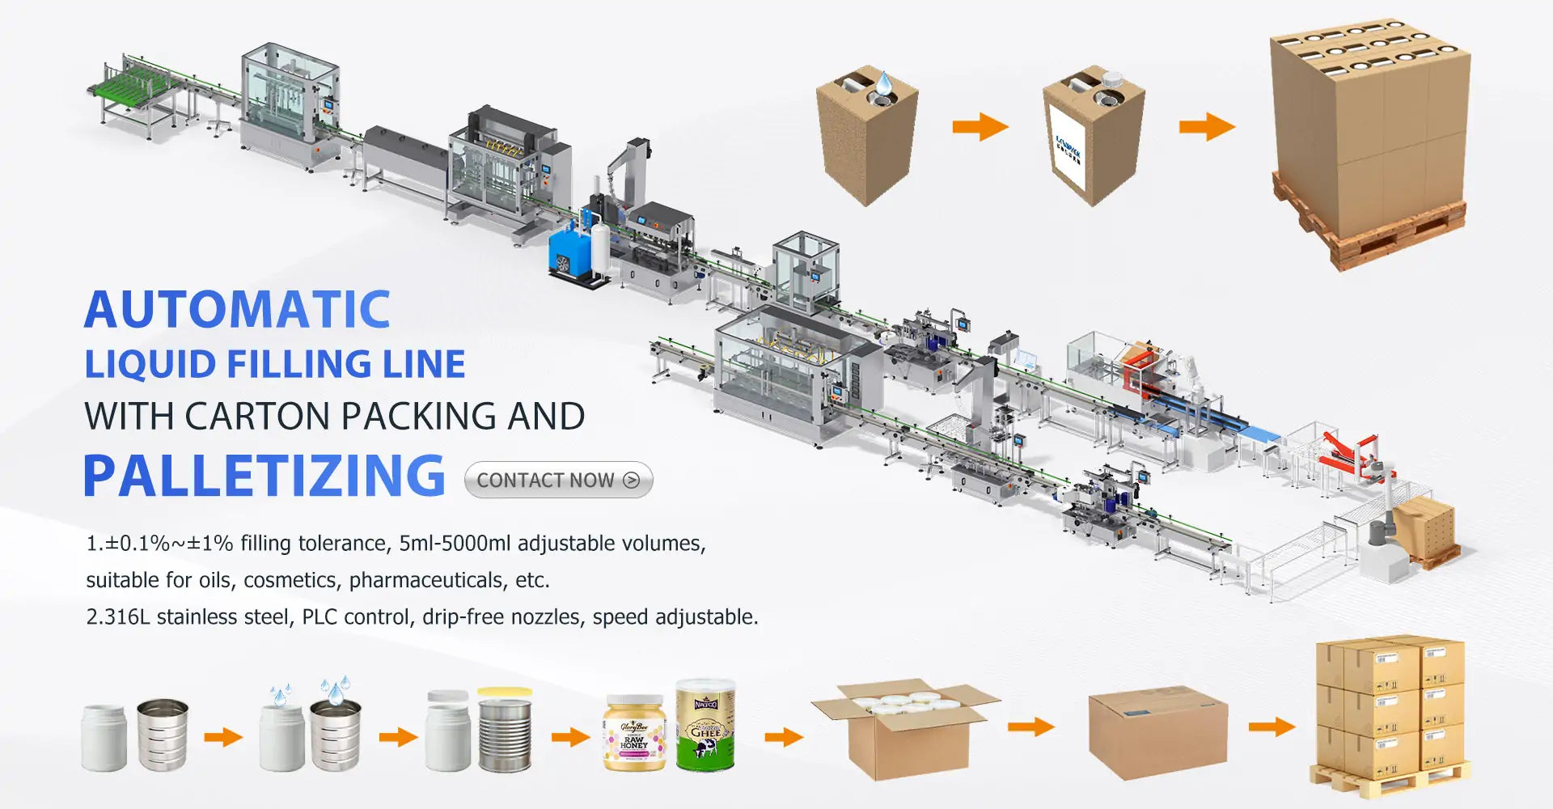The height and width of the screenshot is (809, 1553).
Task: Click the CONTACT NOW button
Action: (558, 480)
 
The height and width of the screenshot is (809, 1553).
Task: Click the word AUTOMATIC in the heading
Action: (237, 310)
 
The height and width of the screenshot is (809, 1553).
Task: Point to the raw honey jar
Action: (634, 733)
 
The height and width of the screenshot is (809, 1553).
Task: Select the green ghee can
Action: (705, 726)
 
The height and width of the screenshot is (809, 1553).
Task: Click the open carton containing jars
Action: (905, 728)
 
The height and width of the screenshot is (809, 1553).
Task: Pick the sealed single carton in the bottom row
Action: (1157, 733)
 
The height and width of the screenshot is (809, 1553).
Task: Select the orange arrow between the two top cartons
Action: (980, 126)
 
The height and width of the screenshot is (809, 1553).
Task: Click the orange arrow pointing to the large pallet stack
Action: (1206, 126)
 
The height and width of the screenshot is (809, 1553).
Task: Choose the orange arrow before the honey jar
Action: (570, 737)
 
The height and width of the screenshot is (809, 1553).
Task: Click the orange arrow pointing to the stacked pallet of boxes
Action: (1272, 726)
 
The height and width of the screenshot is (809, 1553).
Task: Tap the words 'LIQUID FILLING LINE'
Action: (275, 364)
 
